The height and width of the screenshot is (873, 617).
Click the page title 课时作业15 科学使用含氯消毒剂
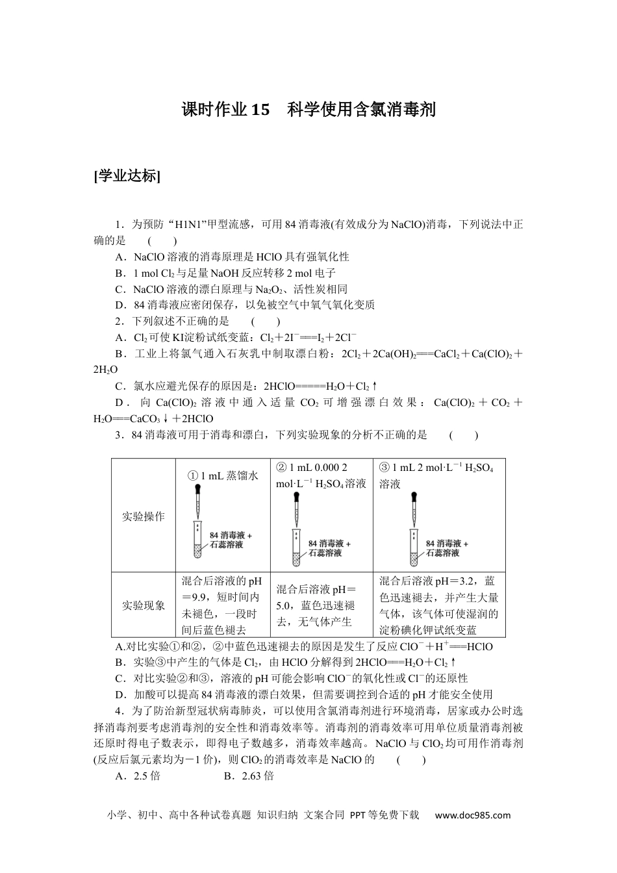[x=308, y=110]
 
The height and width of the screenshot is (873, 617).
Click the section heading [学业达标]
[x=127, y=175]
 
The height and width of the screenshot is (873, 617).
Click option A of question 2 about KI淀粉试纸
[x=235, y=337]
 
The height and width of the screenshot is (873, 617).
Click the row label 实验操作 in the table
[x=144, y=516]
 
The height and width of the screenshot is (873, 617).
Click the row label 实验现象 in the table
[x=144, y=605]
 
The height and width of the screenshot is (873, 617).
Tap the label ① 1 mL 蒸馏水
[x=223, y=476]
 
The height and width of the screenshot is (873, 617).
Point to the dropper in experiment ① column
[x=199, y=499]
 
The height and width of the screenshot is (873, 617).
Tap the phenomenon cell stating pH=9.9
[x=222, y=605]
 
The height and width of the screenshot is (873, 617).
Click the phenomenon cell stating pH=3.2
[x=439, y=605]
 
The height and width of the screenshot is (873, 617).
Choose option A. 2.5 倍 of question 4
[x=138, y=776]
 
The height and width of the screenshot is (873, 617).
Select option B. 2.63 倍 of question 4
[x=249, y=776]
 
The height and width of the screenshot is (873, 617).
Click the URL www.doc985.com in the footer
[x=473, y=815]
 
